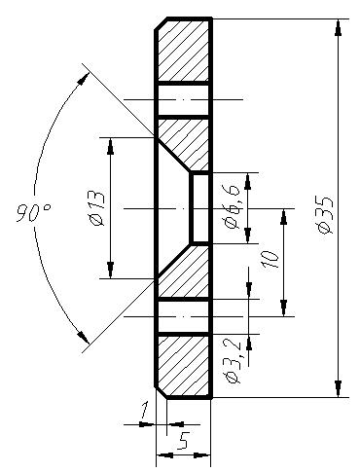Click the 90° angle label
point(32,213)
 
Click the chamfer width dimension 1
point(145,412)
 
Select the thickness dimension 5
point(184,441)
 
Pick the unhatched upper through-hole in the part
point(184,100)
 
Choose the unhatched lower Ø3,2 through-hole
point(184,315)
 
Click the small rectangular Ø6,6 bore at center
point(199,208)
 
